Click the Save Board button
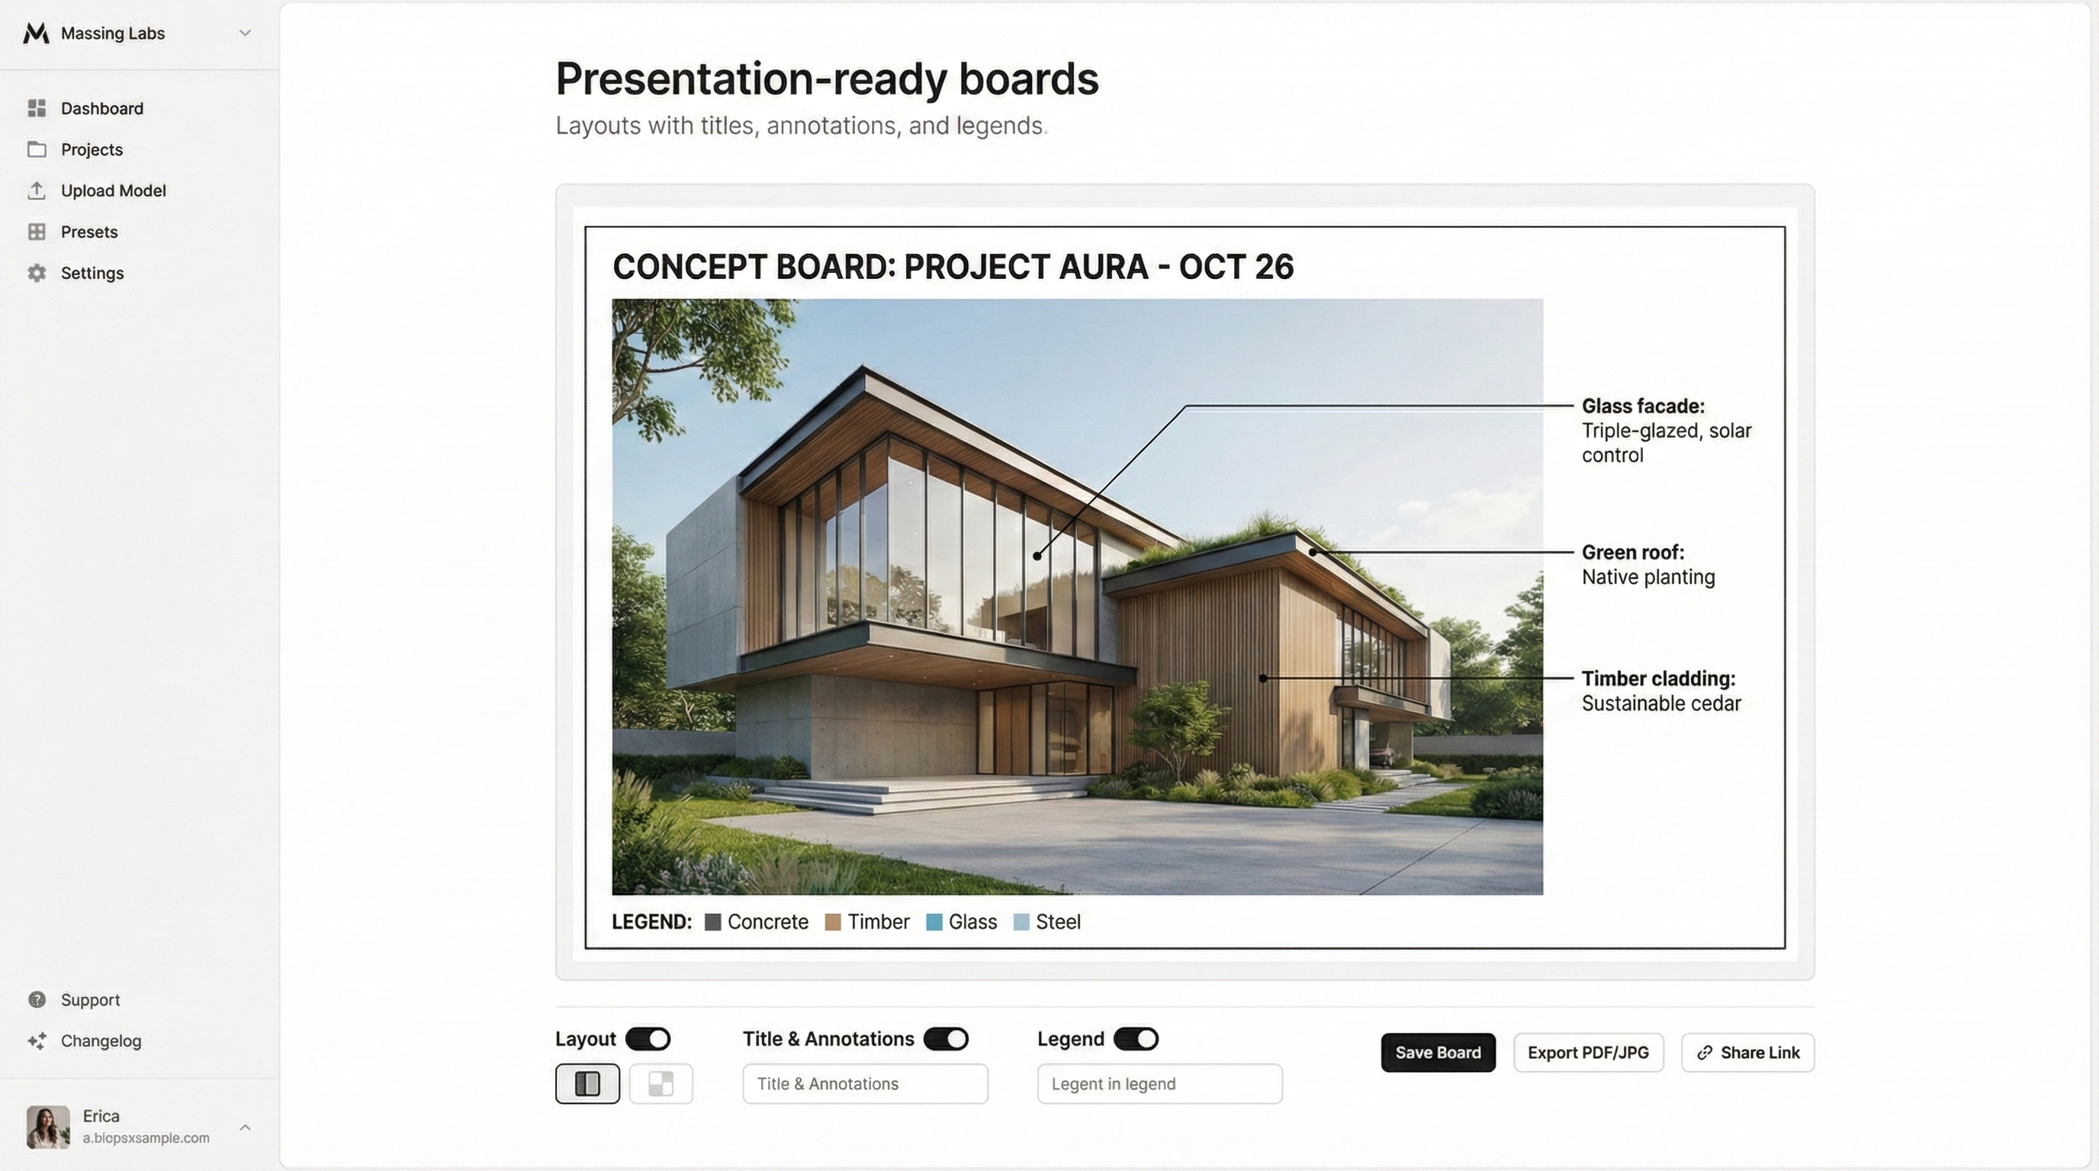1438,1052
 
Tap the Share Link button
1748,1052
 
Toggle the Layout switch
648,1039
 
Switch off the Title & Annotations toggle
946,1039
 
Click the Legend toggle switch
1136,1039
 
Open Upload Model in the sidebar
113,191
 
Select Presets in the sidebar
88,232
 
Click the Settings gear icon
37,273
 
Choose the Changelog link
101,1041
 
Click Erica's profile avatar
48,1127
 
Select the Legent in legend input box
1159,1084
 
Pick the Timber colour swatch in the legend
833,922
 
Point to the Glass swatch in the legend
934,922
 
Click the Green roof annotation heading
1633,552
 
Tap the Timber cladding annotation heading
1658,679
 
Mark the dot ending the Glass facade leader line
1037,555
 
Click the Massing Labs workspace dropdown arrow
244,34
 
